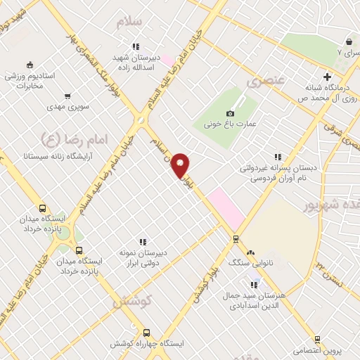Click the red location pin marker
click(181, 165)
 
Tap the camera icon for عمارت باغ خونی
click(230, 114)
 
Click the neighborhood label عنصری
click(266, 80)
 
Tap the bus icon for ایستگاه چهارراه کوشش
click(146, 333)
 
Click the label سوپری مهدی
click(65, 107)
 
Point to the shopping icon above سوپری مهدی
click(67, 96)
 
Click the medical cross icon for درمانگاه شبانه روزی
click(326, 76)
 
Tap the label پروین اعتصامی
click(317, 350)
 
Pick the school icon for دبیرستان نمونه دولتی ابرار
click(143, 242)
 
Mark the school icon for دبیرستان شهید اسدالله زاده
click(136, 47)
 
